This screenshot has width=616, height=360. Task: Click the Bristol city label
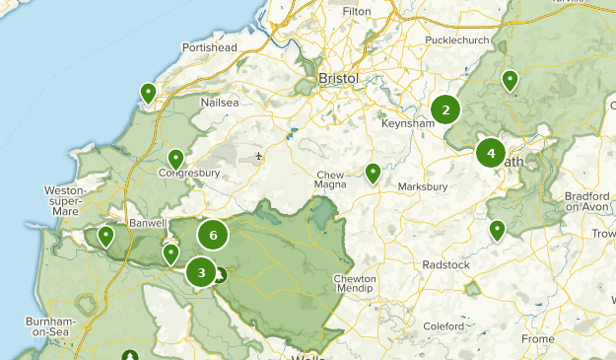pos(338,78)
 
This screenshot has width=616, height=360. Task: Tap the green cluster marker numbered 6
pos(212,235)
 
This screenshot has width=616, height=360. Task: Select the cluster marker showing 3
pos(201,272)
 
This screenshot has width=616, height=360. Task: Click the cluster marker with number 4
pos(490,153)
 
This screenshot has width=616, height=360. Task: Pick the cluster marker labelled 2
pos(445,110)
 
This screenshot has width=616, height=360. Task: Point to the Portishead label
pos(210,47)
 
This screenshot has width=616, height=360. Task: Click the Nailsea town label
pos(220,102)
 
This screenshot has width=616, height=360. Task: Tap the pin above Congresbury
pos(175,158)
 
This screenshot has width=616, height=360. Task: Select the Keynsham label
pos(408,124)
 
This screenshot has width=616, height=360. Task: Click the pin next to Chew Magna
pos(373,174)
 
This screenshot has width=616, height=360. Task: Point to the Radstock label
pos(448,264)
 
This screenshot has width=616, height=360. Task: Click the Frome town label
pos(538,339)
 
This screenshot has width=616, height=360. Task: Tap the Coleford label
pos(443,326)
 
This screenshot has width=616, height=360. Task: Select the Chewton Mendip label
pos(355,285)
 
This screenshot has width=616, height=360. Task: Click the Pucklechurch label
pos(457,40)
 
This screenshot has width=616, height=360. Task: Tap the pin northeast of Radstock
pos(498,231)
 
